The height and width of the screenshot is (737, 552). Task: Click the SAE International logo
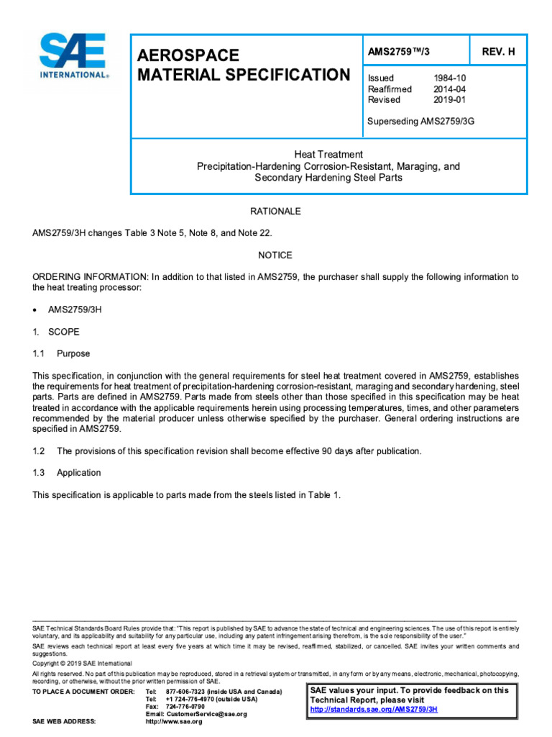click(74, 56)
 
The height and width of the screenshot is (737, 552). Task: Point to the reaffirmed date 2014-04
click(448, 89)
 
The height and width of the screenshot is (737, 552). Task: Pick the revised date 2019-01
click(448, 100)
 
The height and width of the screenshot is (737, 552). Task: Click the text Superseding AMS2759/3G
click(421, 121)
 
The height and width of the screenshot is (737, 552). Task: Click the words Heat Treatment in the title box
click(328, 154)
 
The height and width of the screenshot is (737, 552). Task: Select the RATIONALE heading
click(275, 212)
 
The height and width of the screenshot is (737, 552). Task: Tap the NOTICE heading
click(275, 256)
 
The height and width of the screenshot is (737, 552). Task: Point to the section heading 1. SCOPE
click(57, 333)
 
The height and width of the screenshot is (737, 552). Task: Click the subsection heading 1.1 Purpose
click(62, 354)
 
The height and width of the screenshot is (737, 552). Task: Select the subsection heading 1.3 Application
click(68, 473)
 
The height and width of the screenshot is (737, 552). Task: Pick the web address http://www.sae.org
click(174, 722)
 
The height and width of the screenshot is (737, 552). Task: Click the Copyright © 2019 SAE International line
click(83, 663)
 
